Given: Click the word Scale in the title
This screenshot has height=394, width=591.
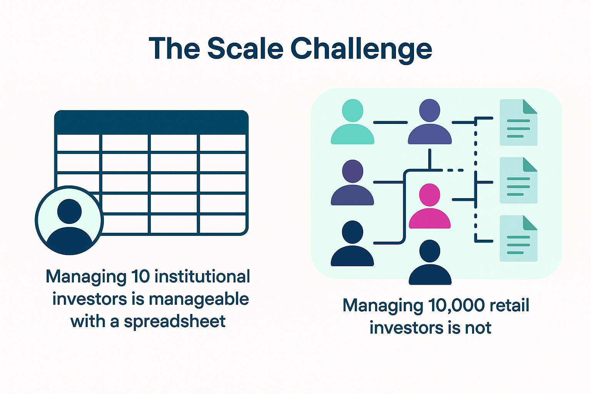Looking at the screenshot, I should click(245, 49).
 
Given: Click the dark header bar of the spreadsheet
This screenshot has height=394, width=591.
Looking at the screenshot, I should click(151, 122).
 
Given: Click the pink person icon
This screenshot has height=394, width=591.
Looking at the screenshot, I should click(429, 207).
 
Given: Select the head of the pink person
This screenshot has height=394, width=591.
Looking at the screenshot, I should click(429, 195).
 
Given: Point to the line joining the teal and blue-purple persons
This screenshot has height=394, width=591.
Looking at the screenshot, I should click(390, 122).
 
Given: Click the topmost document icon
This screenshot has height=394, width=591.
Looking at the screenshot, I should click(518, 122).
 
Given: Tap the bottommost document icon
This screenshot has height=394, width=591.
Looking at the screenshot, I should click(518, 239).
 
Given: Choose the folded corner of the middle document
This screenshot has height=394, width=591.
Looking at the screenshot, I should click(530, 164).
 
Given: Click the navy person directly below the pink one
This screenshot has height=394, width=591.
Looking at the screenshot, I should click(430, 263).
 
